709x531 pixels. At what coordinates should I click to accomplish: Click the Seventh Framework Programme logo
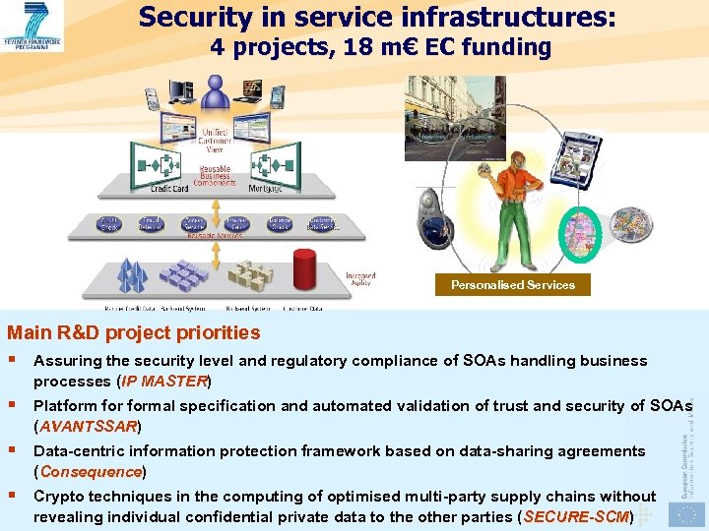pyautogui.click(x=33, y=26)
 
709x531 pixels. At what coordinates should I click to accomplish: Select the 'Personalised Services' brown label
pyautogui.click(x=513, y=285)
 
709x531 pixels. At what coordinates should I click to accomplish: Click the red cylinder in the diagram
pyautogui.click(x=305, y=267)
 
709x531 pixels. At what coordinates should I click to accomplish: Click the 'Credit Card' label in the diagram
pyautogui.click(x=169, y=188)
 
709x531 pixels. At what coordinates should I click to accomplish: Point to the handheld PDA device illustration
pyautogui.click(x=575, y=157)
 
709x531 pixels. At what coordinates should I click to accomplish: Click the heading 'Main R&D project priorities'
pyautogui.click(x=134, y=333)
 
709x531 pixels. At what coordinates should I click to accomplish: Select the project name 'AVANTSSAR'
pyautogui.click(x=88, y=426)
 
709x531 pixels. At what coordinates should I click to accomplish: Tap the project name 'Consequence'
pyautogui.click(x=91, y=471)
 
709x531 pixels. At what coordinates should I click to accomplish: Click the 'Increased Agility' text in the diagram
pyautogui.click(x=359, y=280)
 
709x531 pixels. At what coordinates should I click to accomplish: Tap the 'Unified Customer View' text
pyautogui.click(x=214, y=140)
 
